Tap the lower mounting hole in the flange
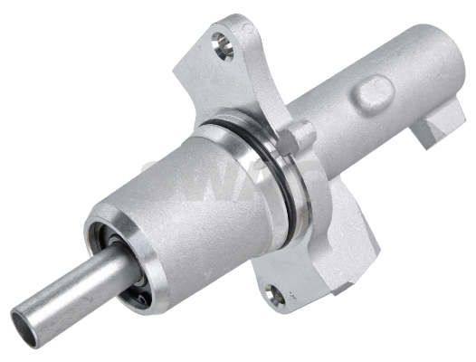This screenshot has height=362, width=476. [x=275, y=295]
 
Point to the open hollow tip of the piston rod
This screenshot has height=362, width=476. [x=26, y=327]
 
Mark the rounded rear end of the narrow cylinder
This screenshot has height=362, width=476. [x=448, y=63]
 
